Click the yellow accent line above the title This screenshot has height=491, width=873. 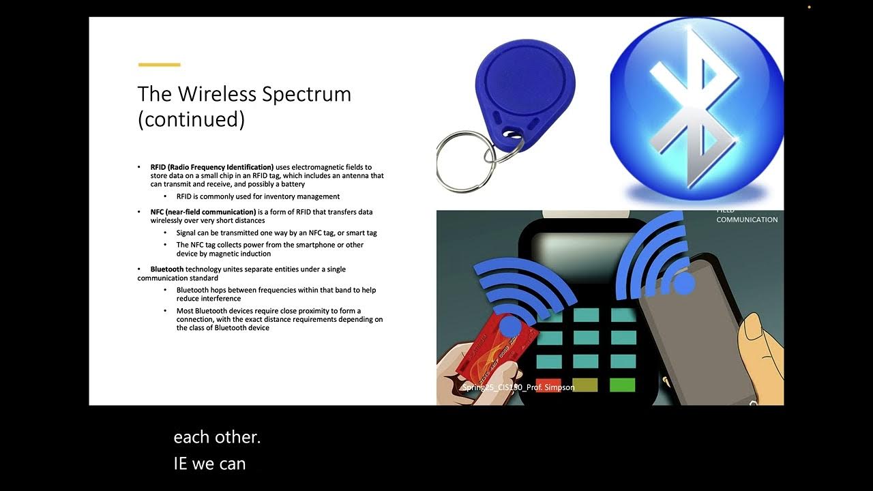pyautogui.click(x=159, y=65)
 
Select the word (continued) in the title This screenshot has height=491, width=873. pyautogui.click(x=191, y=119)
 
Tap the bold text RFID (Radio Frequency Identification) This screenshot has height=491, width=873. pyautogui.click(x=212, y=167)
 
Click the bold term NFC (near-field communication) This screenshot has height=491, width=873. pyautogui.click(x=204, y=212)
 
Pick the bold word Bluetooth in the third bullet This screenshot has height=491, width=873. pyautogui.click(x=167, y=269)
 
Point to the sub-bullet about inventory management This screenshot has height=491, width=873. pyautogui.click(x=258, y=196)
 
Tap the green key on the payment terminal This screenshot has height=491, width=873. pyautogui.click(x=622, y=385)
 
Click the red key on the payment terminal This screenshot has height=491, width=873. pyautogui.click(x=548, y=385)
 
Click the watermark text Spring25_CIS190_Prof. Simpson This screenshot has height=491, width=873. pyautogui.click(x=518, y=387)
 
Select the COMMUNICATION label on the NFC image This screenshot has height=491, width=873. pyautogui.click(x=747, y=220)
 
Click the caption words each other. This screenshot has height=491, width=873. pyautogui.click(x=217, y=437)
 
